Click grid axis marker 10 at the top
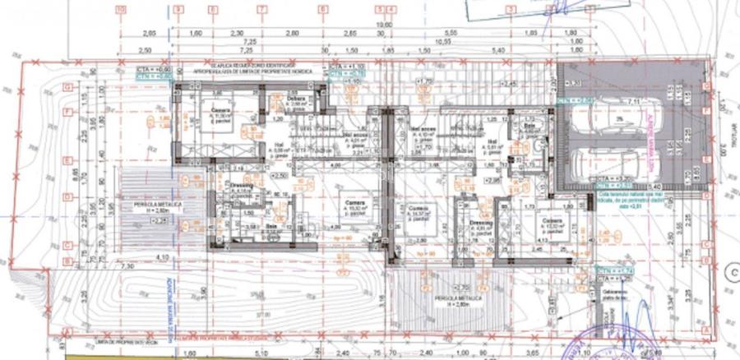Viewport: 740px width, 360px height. pyautogui.click(x=122, y=9)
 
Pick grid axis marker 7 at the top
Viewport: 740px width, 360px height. pyautogui.click(x=261, y=9)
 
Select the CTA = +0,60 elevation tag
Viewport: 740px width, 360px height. pyautogui.click(x=153, y=70)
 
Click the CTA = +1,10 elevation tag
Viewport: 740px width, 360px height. pyautogui.click(x=346, y=65)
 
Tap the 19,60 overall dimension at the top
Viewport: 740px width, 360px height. pyautogui.click(x=383, y=25)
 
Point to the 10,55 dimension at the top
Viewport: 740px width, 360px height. pyautogui.click(x=445, y=40)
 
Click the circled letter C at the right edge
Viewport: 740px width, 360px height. pyautogui.click(x=731, y=267)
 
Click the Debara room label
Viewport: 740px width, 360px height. pyautogui.click(x=297, y=99)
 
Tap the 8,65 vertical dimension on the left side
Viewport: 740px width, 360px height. pyautogui.click(x=75, y=173)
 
